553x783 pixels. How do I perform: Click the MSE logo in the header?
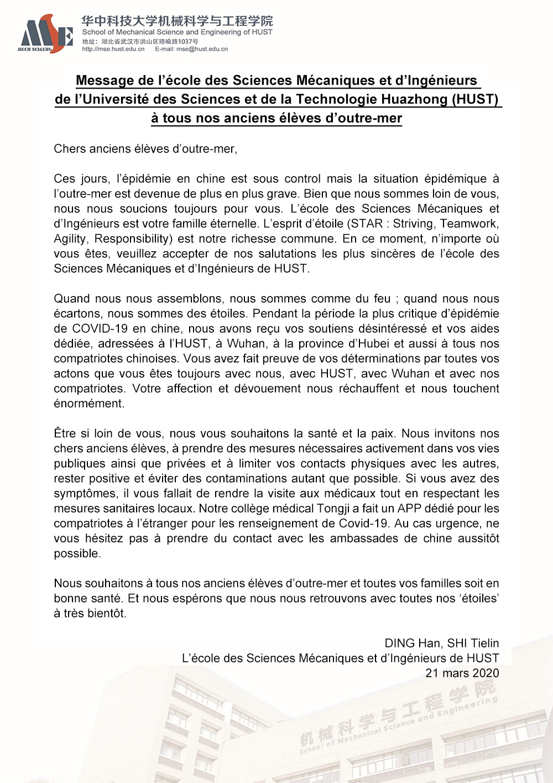point(45,34)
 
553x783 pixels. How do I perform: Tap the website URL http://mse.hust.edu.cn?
point(113,49)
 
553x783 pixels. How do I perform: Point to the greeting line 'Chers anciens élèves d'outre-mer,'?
point(145,149)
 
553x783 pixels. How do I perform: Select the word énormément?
point(88,403)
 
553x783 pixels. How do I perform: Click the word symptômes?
point(85,493)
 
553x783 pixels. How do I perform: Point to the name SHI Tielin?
point(473,643)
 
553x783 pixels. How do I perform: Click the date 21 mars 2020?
point(462,673)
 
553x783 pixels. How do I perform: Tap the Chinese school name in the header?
point(177,21)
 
